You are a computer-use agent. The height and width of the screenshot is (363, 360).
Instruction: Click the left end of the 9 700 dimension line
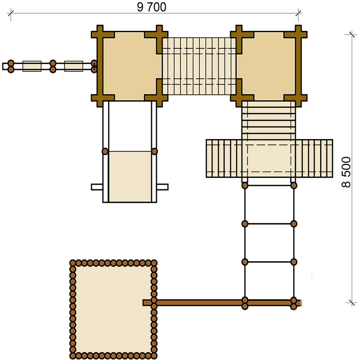[11, 14]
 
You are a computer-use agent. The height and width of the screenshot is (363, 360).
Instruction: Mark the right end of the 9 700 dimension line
[299, 13]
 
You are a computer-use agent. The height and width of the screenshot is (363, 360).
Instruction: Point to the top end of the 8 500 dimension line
[352, 34]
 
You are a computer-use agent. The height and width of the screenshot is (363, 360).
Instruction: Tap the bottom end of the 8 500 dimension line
[352, 302]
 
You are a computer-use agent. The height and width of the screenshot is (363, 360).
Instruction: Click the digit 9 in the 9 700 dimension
[140, 7]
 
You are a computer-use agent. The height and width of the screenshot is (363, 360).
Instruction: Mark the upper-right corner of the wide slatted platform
[332, 140]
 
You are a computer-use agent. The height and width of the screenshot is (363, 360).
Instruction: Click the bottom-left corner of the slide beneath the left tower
[103, 202]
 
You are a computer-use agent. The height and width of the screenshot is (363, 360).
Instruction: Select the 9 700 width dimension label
[152, 7]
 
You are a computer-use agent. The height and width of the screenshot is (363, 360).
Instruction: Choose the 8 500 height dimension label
[346, 172]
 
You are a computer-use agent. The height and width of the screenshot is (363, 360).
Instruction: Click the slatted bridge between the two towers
[199, 66]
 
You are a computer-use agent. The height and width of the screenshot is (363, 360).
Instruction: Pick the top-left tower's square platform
[130, 66]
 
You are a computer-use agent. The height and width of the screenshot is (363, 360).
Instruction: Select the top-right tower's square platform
[269, 66]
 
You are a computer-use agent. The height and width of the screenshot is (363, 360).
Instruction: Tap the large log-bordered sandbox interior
[113, 309]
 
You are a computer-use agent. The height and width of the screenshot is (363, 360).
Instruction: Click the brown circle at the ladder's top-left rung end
[245, 186]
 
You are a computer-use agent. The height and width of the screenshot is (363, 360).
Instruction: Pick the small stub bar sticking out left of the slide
[97, 187]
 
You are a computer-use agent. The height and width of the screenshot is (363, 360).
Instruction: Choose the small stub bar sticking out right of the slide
[163, 187]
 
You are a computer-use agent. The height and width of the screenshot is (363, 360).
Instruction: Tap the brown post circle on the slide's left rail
[105, 151]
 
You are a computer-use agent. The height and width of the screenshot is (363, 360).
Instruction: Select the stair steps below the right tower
[269, 120]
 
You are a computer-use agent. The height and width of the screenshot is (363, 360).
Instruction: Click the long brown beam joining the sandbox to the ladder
[222, 303]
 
